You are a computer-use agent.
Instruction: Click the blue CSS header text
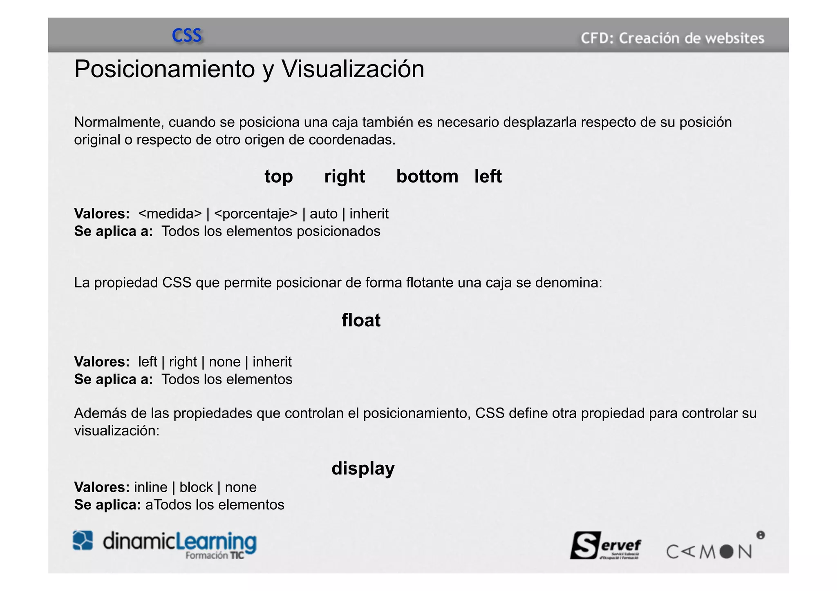click(187, 36)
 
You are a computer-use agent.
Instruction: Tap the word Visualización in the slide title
click(353, 69)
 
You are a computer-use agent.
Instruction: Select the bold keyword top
click(278, 177)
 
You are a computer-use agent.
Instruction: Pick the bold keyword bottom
click(427, 176)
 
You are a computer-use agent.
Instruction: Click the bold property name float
click(361, 320)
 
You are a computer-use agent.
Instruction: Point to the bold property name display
click(363, 468)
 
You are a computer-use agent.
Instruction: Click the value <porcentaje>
click(256, 214)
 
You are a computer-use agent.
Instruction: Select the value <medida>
click(170, 214)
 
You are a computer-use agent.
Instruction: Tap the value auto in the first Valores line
click(323, 214)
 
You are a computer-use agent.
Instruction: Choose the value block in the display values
click(196, 487)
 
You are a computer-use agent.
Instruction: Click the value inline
click(150, 487)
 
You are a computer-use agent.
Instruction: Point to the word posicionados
click(338, 231)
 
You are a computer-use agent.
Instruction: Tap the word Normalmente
click(119, 122)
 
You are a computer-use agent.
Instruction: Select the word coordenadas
click(352, 140)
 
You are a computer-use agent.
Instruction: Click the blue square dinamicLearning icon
click(83, 540)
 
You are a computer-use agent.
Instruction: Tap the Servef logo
click(605, 545)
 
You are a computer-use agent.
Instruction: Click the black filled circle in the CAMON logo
click(726, 552)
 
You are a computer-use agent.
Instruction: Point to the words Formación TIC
click(215, 555)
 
